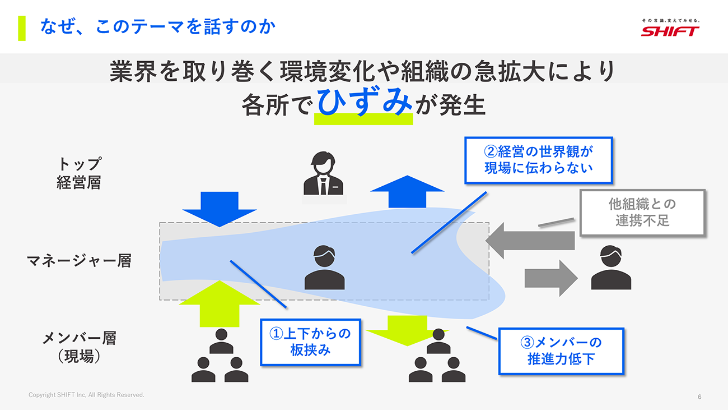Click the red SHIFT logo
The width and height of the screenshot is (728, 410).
(670, 31)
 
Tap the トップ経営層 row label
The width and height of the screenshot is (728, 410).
(79, 173)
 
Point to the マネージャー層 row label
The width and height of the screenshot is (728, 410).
(79, 261)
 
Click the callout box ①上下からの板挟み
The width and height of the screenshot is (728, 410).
(310, 342)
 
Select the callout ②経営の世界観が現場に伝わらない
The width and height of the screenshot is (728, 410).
(538, 160)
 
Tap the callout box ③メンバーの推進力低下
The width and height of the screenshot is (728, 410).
(561, 351)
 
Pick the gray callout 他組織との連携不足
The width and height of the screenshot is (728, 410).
(642, 212)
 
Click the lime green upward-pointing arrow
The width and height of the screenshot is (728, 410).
(220, 303)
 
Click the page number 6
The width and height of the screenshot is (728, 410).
(699, 397)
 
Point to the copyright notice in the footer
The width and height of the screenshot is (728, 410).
(86, 395)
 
